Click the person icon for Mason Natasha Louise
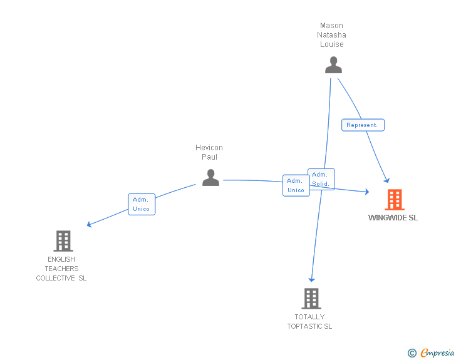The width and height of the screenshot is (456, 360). pyautogui.click(x=333, y=65)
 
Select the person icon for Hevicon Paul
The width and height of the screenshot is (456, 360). pyautogui.click(x=210, y=178)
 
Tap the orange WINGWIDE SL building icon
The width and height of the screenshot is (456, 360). pyautogui.click(x=394, y=200)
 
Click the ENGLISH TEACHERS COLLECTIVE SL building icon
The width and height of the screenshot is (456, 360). pyautogui.click(x=63, y=241)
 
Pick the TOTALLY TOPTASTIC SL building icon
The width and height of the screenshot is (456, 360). pyautogui.click(x=311, y=299)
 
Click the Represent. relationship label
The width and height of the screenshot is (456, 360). pyautogui.click(x=363, y=125)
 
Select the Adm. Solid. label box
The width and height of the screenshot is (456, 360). pyautogui.click(x=321, y=179)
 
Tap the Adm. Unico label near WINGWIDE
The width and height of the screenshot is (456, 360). pyautogui.click(x=296, y=185)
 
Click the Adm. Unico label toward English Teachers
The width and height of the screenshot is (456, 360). pyautogui.click(x=142, y=204)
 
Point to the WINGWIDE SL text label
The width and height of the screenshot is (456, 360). pyautogui.click(x=393, y=218)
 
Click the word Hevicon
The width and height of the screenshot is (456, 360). pyautogui.click(x=209, y=148)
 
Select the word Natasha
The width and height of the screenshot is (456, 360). pyautogui.click(x=331, y=35)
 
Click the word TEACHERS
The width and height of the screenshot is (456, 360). pyautogui.click(x=61, y=269)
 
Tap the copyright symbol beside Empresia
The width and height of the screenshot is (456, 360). pyautogui.click(x=412, y=353)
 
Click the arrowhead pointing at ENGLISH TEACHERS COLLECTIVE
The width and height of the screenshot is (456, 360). pyautogui.click(x=90, y=225)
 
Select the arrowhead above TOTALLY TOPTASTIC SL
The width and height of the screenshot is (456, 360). pyautogui.click(x=311, y=280)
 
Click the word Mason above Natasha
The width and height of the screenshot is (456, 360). pyautogui.click(x=331, y=26)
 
